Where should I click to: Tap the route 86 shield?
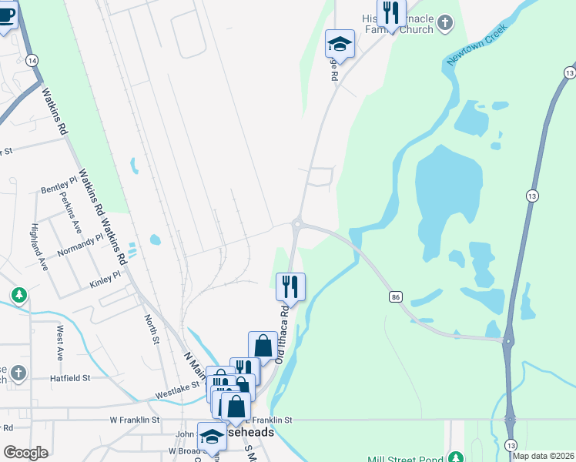tap(396, 296)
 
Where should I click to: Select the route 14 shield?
tap(32, 59)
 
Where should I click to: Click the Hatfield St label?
tap(71, 378)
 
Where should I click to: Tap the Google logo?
tap(25, 452)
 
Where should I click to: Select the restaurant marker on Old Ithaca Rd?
tap(290, 286)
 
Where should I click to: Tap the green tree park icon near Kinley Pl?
tap(19, 294)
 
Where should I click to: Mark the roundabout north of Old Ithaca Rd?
tap(297, 224)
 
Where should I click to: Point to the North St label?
tap(152, 329)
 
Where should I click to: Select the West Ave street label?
tap(59, 343)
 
